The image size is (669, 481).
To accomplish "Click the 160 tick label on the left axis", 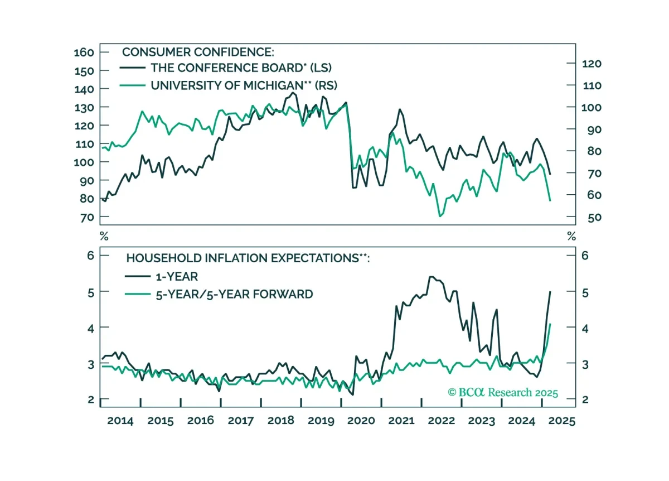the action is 84,52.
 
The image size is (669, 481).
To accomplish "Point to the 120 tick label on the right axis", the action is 592,64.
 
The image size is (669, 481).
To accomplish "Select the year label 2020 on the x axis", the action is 361,421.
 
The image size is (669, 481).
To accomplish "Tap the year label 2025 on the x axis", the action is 562,421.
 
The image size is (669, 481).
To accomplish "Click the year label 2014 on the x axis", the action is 120,421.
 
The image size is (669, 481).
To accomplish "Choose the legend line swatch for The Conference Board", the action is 132,68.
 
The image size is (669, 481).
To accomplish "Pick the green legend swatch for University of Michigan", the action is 132,85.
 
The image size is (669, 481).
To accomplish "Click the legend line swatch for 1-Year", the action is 138,277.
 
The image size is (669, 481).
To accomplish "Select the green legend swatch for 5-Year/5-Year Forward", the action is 138,294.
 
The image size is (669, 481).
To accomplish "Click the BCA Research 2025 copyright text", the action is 503,392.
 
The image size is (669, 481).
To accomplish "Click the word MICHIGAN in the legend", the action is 274,85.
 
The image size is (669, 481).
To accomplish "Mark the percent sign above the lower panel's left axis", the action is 104,236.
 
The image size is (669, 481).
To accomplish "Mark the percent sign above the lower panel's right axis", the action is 571,236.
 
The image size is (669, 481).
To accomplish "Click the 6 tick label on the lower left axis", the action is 90,256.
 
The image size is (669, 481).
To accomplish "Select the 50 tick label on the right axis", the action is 594,217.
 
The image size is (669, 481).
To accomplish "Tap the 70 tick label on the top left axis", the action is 87,217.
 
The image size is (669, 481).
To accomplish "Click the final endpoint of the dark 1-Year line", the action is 550,291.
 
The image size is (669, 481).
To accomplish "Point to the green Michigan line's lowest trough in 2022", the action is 440,216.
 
